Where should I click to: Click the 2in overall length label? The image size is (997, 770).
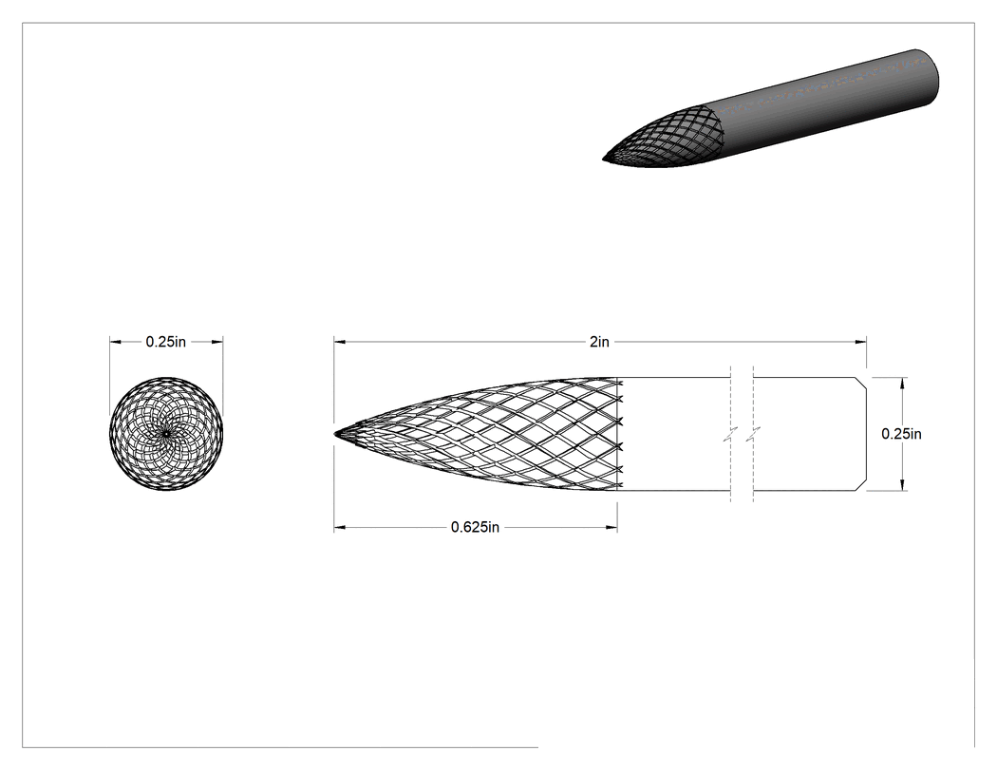(599, 342)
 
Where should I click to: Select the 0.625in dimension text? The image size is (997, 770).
(475, 527)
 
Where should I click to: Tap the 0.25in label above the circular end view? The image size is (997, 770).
(166, 342)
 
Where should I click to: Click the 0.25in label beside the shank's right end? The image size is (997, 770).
(901, 434)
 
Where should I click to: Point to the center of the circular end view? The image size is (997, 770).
(166, 434)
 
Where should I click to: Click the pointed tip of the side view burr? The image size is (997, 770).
(335, 434)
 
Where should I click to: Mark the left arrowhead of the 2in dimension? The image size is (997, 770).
(340, 342)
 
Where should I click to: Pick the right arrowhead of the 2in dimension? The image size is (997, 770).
(861, 342)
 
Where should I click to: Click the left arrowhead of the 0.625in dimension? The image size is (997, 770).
(340, 527)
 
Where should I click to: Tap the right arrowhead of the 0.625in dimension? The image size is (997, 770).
(611, 527)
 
